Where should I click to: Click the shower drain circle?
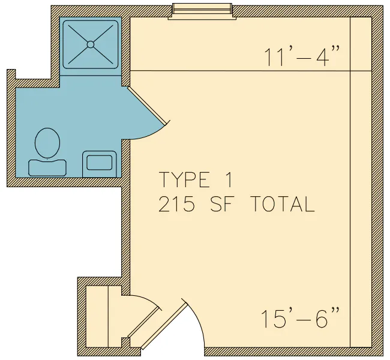click(91, 44)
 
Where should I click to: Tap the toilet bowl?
click(47, 143)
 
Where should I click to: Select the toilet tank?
click(47, 168)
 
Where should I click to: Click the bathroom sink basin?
click(99, 163)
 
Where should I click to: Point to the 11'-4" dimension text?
click(302, 56)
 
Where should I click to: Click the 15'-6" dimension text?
click(299, 318)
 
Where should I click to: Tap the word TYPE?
click(184, 179)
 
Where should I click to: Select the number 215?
click(176, 203)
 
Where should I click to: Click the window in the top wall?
click(202, 11)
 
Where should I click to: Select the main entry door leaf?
click(164, 325)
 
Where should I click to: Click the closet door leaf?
click(143, 322)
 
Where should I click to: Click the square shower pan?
click(91, 44)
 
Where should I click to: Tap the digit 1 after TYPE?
click(229, 179)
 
